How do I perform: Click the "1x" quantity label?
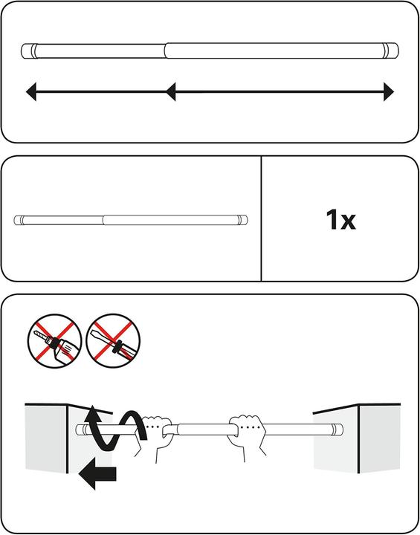[x=340, y=220]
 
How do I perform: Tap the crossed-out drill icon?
[x=54, y=341]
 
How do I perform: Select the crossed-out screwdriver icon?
[x=113, y=341]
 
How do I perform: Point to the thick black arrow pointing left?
[x=97, y=474]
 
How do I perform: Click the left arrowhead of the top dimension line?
[x=31, y=92]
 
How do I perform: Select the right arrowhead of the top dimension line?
[x=389, y=92]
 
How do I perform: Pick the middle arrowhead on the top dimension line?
[x=171, y=92]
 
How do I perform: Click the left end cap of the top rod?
[x=29, y=51]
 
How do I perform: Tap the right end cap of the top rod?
[x=390, y=51]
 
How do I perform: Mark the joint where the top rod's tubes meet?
[x=165, y=51]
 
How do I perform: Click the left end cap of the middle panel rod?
[x=19, y=220]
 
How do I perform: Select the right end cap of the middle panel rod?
[x=243, y=220]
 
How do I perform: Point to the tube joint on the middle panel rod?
[x=103, y=220]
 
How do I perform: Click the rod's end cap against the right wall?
[x=337, y=429]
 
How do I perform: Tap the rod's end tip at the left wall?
[x=80, y=429]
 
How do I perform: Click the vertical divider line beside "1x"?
[x=261, y=218]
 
